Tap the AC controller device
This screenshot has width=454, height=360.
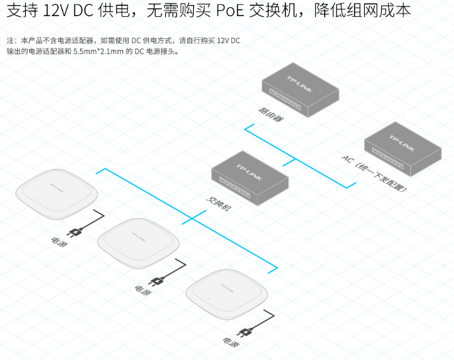pos(402,150)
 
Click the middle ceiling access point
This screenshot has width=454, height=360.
pos(139,243)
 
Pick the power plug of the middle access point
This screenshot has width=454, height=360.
pos(156,281)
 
